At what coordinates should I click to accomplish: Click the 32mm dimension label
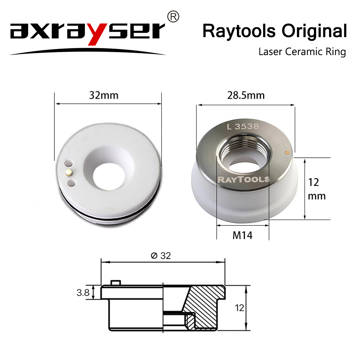104,96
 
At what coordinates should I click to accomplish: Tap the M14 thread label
243,236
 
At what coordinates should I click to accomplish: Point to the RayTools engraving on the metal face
243,179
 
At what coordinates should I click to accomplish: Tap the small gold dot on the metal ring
287,152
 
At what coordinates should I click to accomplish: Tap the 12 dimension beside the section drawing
240,308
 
